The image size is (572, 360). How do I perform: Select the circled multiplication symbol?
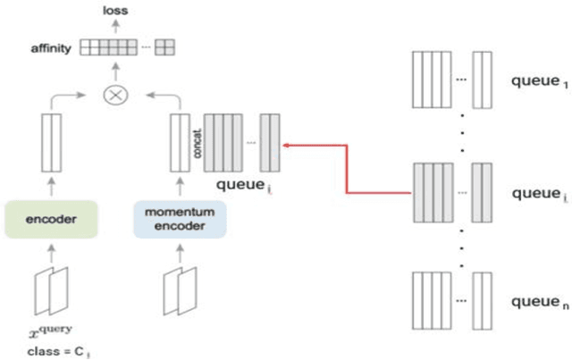tap(114, 95)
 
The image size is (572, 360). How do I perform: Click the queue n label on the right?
tap(538, 303)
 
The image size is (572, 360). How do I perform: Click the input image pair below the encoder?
tap(51, 288)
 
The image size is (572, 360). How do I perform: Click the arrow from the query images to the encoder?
tap(51, 254)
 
